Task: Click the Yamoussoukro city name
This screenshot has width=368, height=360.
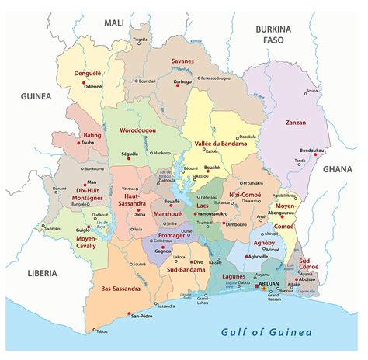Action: tap(214, 213)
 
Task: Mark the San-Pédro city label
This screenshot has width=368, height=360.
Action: tap(145, 317)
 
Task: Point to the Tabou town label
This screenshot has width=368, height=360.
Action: tap(102, 331)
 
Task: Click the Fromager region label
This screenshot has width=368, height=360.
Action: tap(172, 234)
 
